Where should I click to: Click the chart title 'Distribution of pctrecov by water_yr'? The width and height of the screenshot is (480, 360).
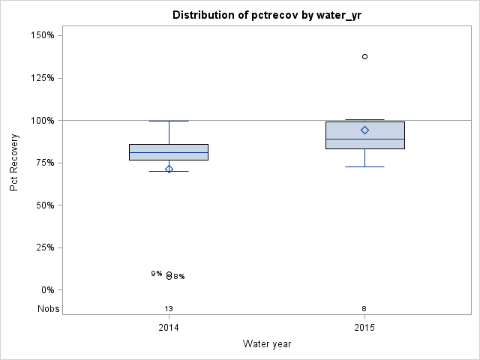click(267, 15)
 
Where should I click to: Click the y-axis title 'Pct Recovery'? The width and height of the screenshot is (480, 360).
click(14, 163)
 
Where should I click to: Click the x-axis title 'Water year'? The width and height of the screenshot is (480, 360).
click(267, 343)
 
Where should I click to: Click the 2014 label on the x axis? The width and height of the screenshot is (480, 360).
click(169, 328)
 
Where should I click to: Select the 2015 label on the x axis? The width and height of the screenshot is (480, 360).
click(364, 328)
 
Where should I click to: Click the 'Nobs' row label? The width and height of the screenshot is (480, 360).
click(49, 308)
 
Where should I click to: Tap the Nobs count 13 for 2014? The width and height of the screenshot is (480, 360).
click(169, 308)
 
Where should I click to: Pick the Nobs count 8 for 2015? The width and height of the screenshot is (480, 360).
click(364, 308)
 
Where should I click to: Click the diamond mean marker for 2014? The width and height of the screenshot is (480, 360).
click(169, 169)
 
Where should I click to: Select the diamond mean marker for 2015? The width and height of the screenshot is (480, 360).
click(364, 130)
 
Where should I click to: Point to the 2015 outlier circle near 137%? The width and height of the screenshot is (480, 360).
click(364, 56)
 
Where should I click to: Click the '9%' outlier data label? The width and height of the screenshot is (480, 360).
click(157, 274)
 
